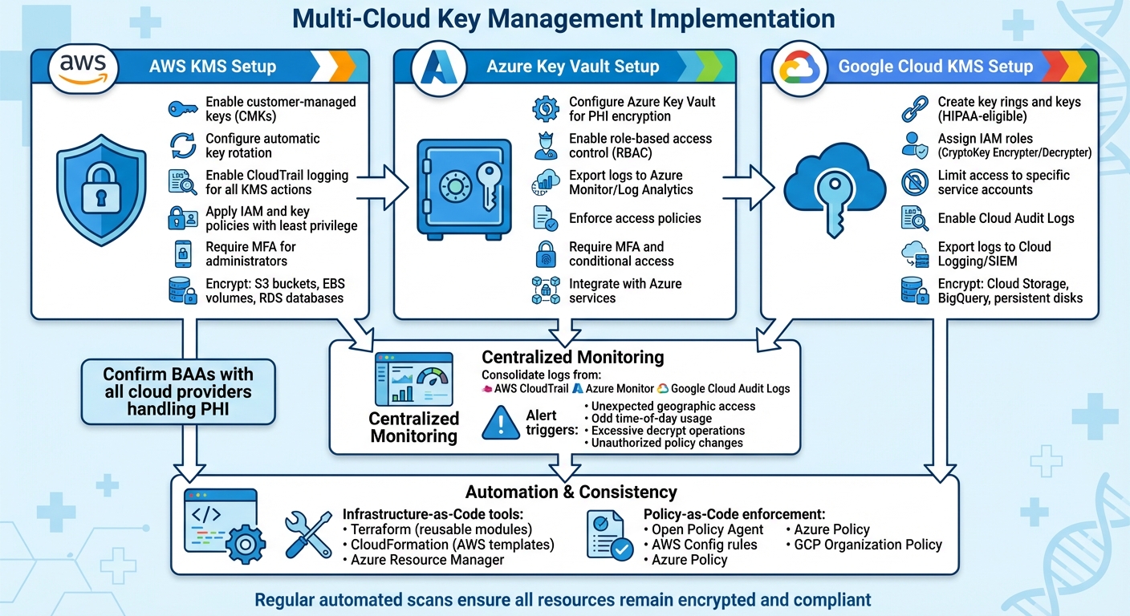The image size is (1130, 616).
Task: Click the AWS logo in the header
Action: click(83, 67)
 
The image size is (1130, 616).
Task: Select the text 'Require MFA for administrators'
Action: click(250, 253)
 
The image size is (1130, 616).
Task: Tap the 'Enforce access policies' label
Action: click(634, 218)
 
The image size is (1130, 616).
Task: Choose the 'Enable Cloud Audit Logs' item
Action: click(1005, 218)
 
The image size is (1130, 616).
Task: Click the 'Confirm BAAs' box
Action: click(177, 391)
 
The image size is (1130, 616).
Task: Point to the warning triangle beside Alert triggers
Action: click(501, 423)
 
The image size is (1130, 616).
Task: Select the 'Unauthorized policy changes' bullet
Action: click(666, 443)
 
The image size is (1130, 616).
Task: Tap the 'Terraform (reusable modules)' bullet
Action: click(441, 529)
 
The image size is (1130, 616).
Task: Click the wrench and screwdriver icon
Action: click(308, 534)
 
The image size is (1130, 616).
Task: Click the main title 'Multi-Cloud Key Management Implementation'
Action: click(564, 18)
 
